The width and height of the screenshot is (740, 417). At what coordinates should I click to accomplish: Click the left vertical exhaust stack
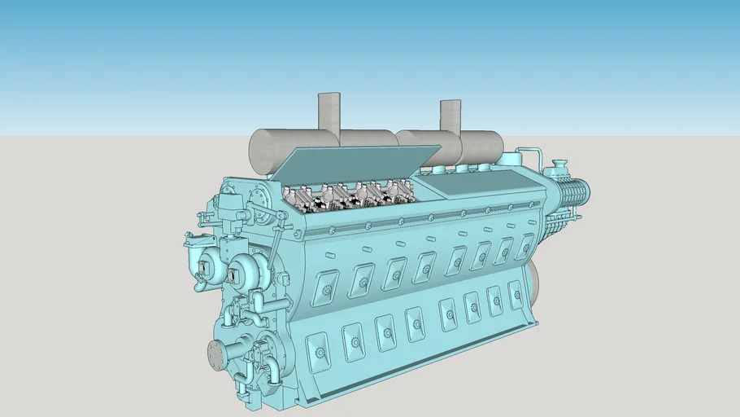point(329,112)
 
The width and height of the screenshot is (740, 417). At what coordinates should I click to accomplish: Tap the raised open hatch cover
point(358,167)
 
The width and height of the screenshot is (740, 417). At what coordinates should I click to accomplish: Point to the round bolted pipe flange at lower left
point(216,355)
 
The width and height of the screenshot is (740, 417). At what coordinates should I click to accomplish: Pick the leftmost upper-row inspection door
point(325,283)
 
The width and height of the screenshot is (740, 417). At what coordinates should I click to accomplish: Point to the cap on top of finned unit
point(559,166)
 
